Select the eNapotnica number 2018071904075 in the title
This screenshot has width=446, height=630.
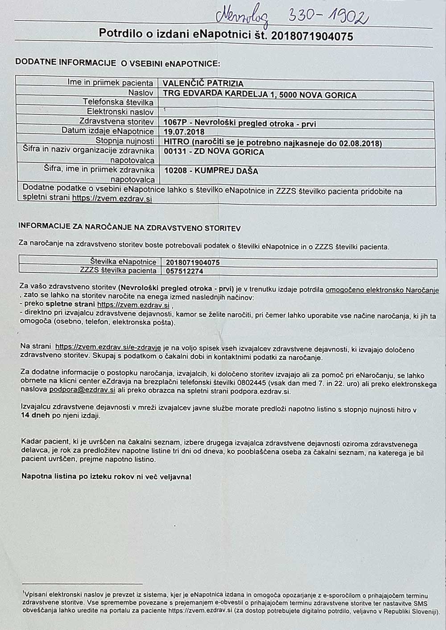(x=312, y=36)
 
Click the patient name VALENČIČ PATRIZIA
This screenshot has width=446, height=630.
(x=203, y=83)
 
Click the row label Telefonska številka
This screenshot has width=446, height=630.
(x=118, y=102)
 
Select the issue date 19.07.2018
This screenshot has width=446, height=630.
(x=184, y=132)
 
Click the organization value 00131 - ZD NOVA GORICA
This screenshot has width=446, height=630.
(x=214, y=152)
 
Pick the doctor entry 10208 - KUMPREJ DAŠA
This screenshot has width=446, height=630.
(x=211, y=171)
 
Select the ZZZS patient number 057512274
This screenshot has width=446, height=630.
(x=184, y=271)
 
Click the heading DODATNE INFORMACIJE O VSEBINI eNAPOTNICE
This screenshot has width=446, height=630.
(x=118, y=63)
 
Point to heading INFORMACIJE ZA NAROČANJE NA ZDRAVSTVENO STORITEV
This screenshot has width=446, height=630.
(x=129, y=228)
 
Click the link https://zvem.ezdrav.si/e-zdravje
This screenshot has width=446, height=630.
(x=107, y=346)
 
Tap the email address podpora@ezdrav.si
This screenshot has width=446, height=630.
(x=82, y=389)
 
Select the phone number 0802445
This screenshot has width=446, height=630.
(x=252, y=382)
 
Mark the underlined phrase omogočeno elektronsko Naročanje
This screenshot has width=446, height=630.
(x=382, y=290)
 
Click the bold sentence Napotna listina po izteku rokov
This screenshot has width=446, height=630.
(x=106, y=476)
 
